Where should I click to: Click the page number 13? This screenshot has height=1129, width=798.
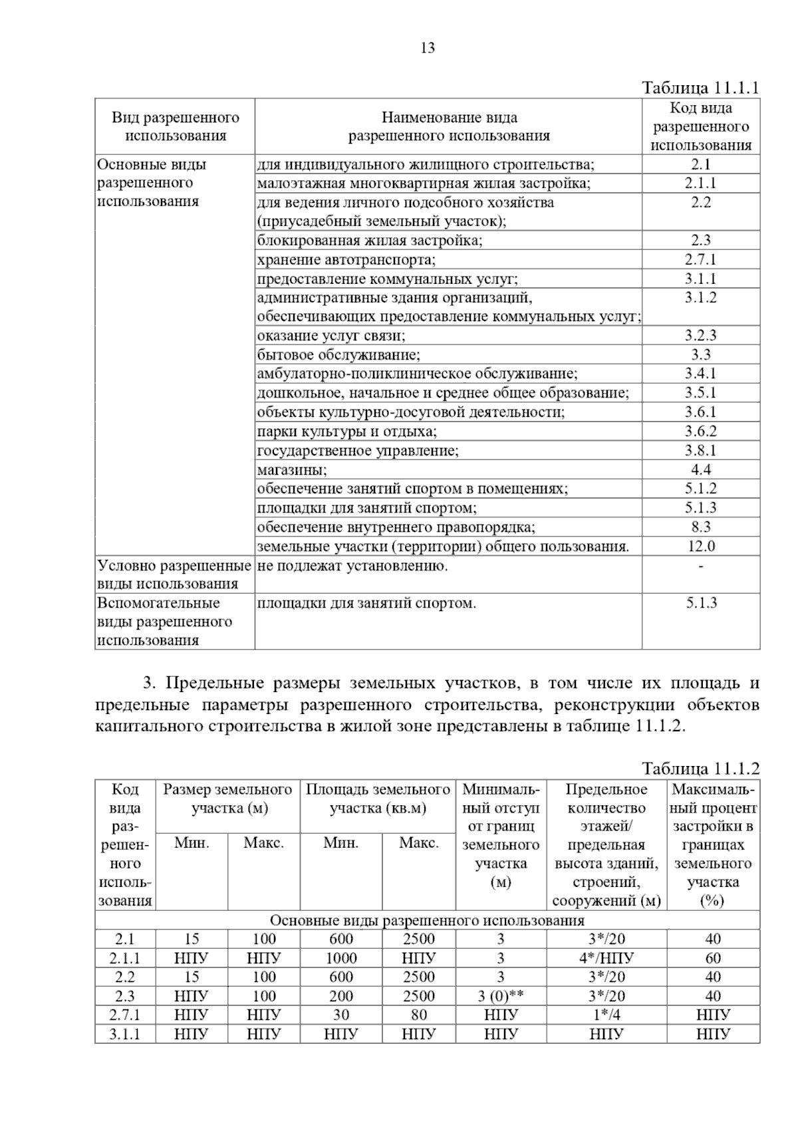tap(428, 48)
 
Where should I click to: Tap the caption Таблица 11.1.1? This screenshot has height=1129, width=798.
tap(700, 88)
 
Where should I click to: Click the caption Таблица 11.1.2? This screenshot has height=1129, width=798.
tap(700, 769)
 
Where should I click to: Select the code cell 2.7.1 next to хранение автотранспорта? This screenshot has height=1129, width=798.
tap(701, 259)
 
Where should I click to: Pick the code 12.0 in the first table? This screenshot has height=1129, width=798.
tap(701, 547)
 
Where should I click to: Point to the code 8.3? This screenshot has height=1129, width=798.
tap(701, 527)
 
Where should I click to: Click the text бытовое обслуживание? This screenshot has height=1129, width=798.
tap(338, 355)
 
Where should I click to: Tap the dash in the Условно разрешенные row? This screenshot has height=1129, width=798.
tap(701, 566)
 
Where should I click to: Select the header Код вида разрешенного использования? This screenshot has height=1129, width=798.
tap(701, 126)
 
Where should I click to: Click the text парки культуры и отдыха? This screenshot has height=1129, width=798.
tap(347, 432)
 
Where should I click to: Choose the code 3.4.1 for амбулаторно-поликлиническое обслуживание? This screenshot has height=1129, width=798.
tap(701, 374)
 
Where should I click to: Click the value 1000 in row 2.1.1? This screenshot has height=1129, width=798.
tap(341, 958)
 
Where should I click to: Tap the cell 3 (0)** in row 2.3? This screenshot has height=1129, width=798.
tap(501, 996)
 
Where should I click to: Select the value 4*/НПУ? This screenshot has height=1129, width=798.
tap(606, 958)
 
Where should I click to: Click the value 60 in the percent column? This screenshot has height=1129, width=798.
tap(713, 958)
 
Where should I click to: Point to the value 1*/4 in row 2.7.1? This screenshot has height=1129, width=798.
tap(606, 1015)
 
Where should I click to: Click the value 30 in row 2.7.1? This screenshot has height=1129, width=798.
tap(341, 1015)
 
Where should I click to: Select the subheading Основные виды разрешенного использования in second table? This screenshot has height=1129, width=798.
tap(427, 920)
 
